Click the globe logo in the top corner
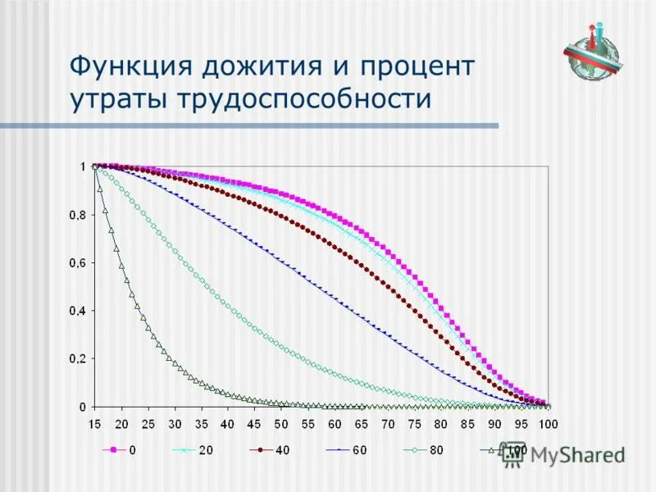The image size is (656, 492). (592, 51)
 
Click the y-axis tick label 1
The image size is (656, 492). (82, 166)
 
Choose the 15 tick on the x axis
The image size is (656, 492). (95, 423)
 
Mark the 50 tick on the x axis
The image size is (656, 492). (281, 423)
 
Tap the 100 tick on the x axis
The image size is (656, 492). (547, 423)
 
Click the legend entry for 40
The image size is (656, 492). (271, 450)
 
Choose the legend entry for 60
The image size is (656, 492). (346, 450)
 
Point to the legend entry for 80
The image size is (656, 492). (422, 450)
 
